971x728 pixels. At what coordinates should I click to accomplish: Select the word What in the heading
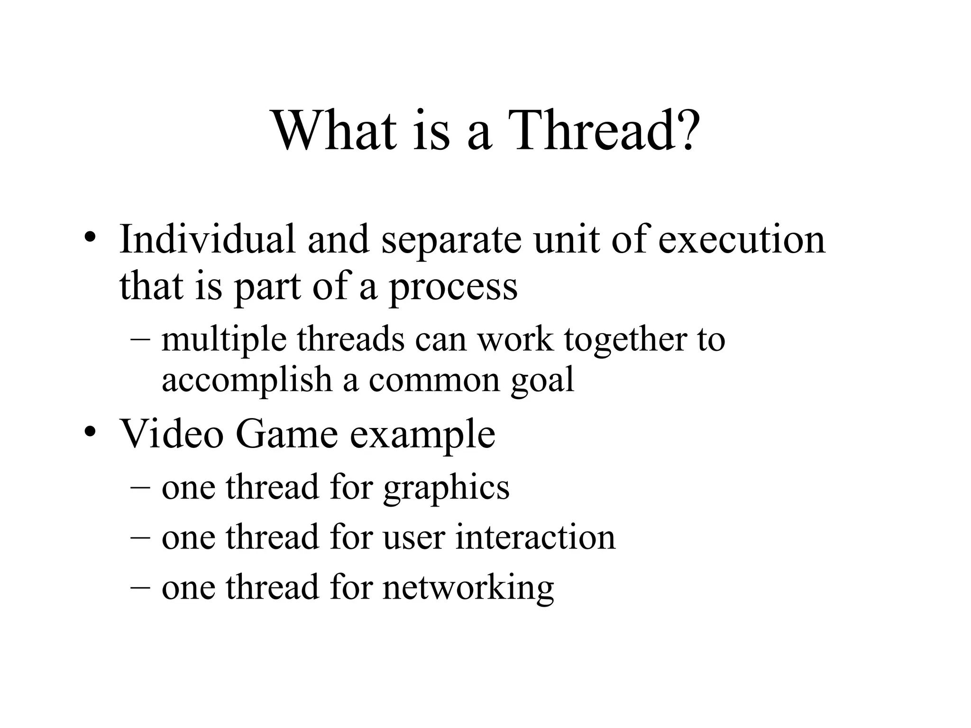click(335, 130)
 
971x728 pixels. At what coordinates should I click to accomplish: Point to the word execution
click(742, 239)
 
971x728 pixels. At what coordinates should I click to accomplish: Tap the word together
click(626, 340)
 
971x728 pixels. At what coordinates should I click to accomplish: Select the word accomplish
click(247, 380)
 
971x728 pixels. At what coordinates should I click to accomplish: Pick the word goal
click(542, 381)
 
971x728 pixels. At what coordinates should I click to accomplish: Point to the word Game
click(286, 434)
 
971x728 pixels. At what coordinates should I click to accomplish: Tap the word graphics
click(446, 489)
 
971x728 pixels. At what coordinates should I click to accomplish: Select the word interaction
click(535, 537)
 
